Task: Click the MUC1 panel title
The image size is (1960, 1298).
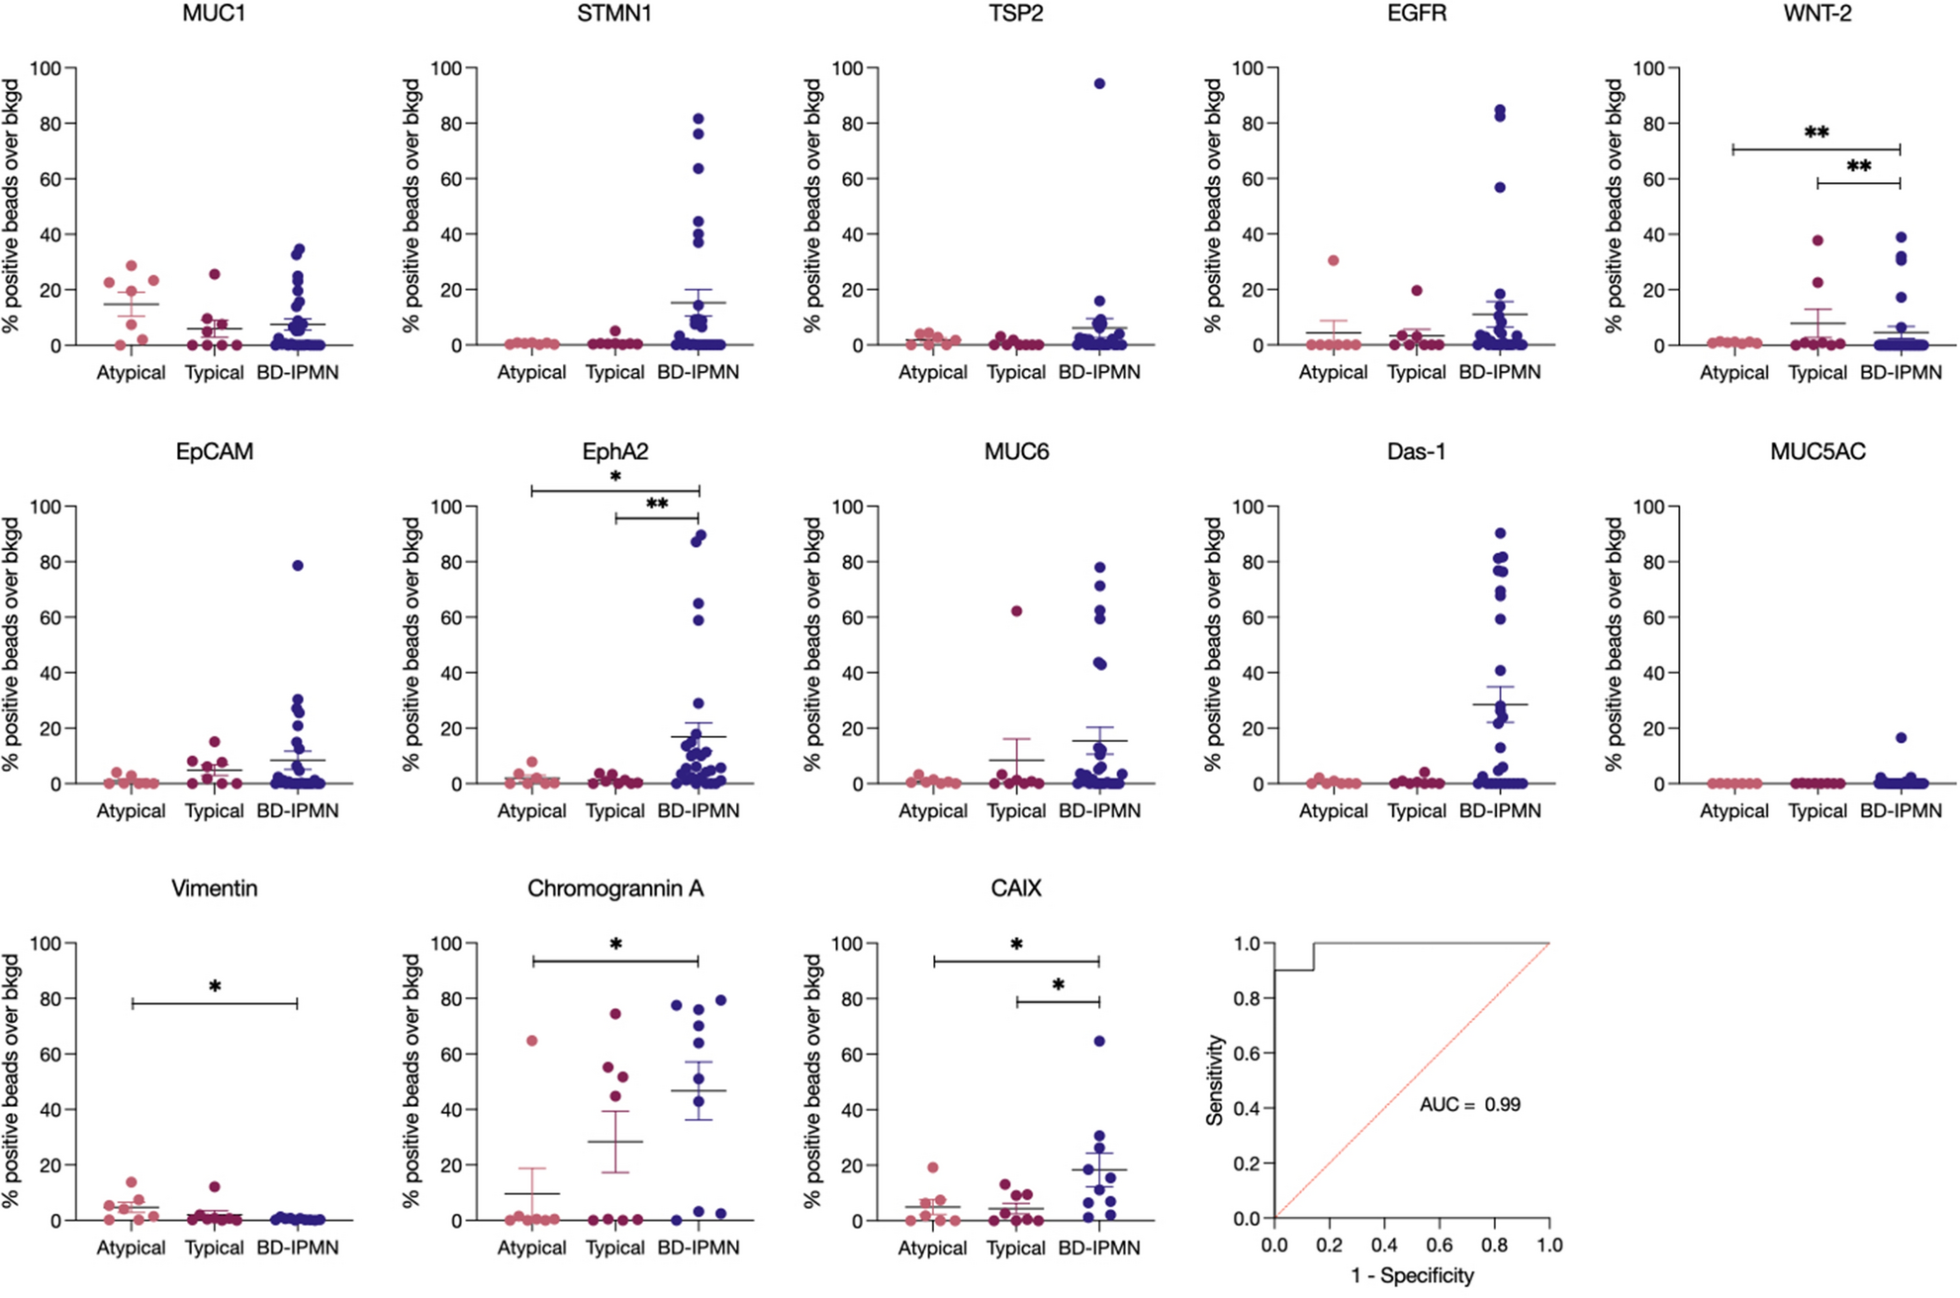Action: point(214,14)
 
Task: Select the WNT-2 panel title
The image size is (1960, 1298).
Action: point(1818,14)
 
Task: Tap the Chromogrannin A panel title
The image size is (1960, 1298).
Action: point(614,888)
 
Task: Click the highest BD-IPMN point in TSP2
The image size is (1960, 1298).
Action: point(1099,84)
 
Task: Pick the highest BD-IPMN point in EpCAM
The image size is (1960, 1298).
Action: point(298,566)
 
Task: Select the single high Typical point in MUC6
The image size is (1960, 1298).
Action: point(1016,611)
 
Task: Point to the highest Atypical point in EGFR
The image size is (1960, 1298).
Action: point(1334,260)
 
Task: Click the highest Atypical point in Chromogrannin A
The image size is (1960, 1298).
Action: point(532,1041)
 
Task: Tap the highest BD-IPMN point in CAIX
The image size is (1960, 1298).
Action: point(1099,1041)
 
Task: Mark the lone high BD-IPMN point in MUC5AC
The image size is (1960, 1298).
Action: point(1901,738)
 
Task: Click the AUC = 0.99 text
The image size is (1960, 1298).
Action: point(1469,1104)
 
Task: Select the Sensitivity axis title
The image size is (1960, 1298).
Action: point(1216,1080)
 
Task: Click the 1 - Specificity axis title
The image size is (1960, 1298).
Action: point(1412,1276)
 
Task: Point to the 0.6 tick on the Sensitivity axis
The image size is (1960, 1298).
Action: point(1249,1054)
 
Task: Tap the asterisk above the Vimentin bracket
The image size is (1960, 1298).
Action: point(215,987)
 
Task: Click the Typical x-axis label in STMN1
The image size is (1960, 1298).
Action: point(614,373)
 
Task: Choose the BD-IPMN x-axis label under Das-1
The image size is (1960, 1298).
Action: point(1500,811)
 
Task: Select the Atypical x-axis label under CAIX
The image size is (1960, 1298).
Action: point(932,1249)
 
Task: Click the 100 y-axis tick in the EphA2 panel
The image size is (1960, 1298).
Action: point(446,507)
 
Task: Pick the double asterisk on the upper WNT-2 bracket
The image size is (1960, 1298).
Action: point(1817,133)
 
